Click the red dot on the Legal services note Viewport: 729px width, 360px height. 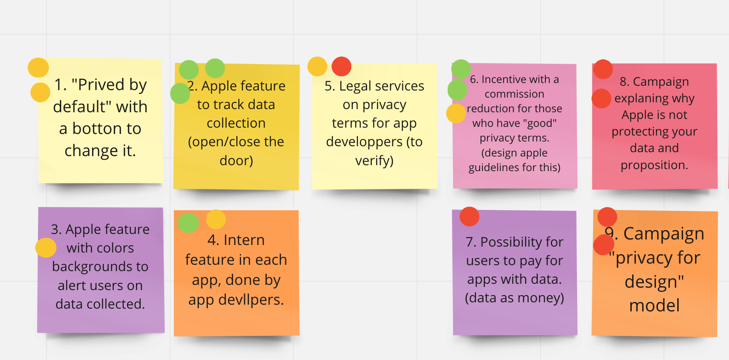pos(341,66)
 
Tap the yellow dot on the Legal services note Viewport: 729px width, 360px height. pos(317,66)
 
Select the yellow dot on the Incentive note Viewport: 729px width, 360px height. pos(456,113)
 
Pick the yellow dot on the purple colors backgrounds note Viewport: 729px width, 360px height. pos(46,248)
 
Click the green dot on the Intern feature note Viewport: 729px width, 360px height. pos(188,223)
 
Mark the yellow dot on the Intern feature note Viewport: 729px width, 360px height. pos(216,219)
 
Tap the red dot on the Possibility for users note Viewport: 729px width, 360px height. pos(469,217)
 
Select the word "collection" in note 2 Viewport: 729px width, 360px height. pos(236,123)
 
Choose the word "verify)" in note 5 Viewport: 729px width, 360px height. pos(374,160)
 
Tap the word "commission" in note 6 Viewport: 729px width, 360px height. pos(514,94)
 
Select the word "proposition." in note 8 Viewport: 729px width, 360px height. pos(654,165)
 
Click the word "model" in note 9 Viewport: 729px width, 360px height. pos(654,305)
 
